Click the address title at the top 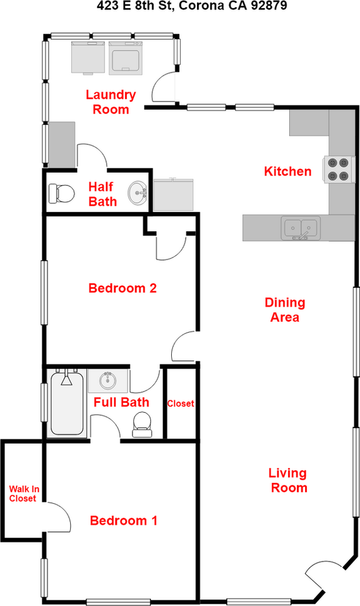pos(180,8)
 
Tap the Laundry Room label pos(111,102)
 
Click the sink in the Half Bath pos(138,193)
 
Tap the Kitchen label pos(287,171)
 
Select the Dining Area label pos(284,310)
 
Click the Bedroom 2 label pos(122,288)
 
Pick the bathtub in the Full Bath pos(66,404)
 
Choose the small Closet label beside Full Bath pos(180,404)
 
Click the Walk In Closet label pos(22,493)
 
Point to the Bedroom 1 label pos(123,521)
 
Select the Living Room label pos(288,480)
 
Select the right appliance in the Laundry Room pos(125,57)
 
